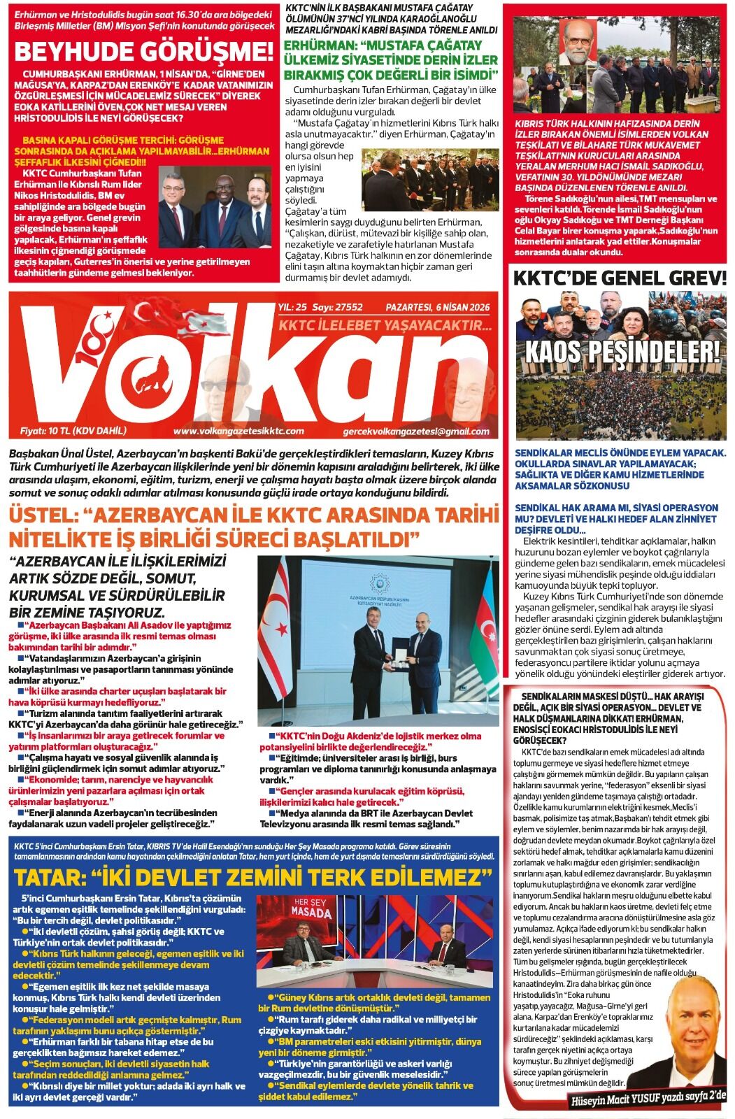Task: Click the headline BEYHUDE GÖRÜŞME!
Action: [x=144, y=52]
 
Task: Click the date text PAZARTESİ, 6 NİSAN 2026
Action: [x=438, y=308]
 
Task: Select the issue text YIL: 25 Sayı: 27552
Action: [x=320, y=308]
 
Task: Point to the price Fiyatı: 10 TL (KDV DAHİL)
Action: [x=73, y=431]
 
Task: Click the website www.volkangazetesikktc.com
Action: [x=238, y=432]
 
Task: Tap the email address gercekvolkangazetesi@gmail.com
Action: [x=416, y=432]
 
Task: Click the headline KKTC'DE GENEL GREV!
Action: [x=620, y=278]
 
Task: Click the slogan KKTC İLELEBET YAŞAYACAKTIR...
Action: [x=385, y=326]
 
